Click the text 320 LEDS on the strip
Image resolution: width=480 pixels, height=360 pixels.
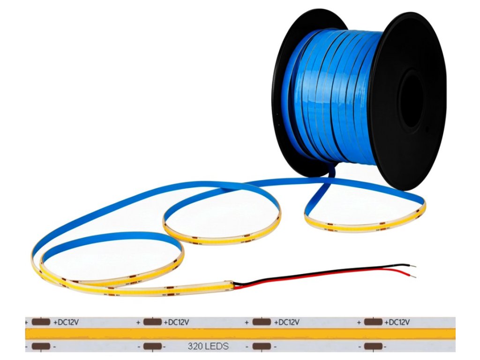coord(208,347)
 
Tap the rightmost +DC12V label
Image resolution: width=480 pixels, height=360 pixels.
coord(397,322)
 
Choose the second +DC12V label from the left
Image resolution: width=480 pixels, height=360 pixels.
coord(176,322)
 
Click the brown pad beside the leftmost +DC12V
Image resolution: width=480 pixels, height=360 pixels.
coord(41,322)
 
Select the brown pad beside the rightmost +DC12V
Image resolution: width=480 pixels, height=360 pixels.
coord(373,322)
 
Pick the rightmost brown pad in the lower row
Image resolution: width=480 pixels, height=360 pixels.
coord(373,347)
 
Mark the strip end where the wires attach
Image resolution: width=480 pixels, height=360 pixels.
coord(230,285)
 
